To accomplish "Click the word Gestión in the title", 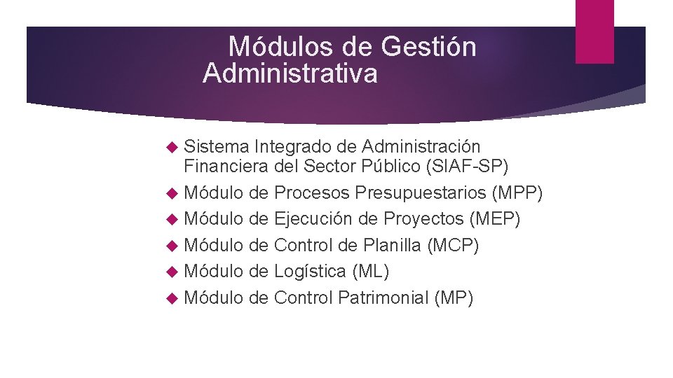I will [429, 48].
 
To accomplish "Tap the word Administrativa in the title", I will [290, 73].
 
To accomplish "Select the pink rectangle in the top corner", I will [594, 31].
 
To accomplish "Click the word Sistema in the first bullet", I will [217, 147].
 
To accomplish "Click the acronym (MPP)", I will [517, 192].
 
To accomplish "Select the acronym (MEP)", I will [494, 219].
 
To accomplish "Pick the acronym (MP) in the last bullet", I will [454, 298].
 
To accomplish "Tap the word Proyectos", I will [423, 219].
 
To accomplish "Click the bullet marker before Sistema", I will [173, 148].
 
